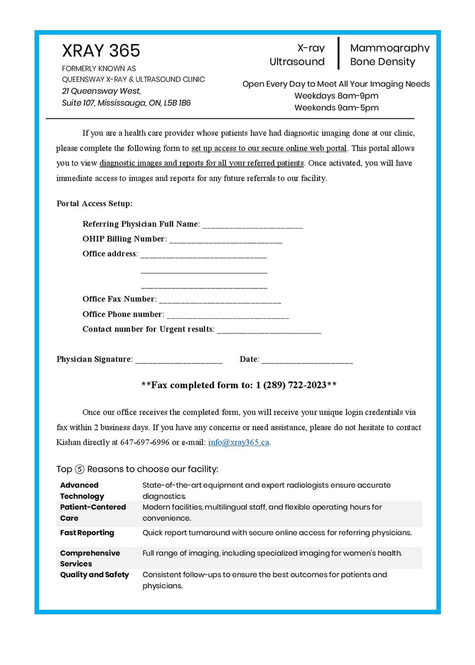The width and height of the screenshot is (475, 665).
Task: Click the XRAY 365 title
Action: click(x=101, y=51)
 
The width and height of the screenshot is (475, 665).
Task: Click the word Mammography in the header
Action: click(x=389, y=48)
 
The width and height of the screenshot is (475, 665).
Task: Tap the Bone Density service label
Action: click(x=382, y=62)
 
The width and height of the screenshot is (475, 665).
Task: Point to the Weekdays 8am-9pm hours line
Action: click(x=336, y=96)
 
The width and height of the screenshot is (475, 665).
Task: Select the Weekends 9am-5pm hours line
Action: click(x=336, y=108)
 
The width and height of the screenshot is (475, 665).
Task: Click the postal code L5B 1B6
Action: click(x=177, y=103)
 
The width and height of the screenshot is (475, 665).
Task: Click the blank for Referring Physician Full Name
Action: click(x=252, y=225)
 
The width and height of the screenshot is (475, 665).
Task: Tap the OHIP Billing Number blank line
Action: click(x=226, y=240)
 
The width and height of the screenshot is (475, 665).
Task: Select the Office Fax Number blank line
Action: click(x=220, y=300)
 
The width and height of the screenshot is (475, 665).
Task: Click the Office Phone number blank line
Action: click(x=228, y=315)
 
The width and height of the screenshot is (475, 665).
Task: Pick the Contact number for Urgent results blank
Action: click(x=269, y=330)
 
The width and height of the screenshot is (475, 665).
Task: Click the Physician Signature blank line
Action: click(x=179, y=360)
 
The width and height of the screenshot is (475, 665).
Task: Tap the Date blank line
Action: click(x=307, y=360)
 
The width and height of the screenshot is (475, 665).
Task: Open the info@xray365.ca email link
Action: click(x=238, y=442)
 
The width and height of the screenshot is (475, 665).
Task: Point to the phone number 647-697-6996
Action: click(x=144, y=442)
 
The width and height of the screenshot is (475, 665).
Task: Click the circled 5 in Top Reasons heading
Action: click(x=80, y=469)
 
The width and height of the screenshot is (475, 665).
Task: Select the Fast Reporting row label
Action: click(x=87, y=533)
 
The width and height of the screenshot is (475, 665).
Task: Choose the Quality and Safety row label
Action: click(x=95, y=575)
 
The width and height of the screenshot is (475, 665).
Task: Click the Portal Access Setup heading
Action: click(x=94, y=204)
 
